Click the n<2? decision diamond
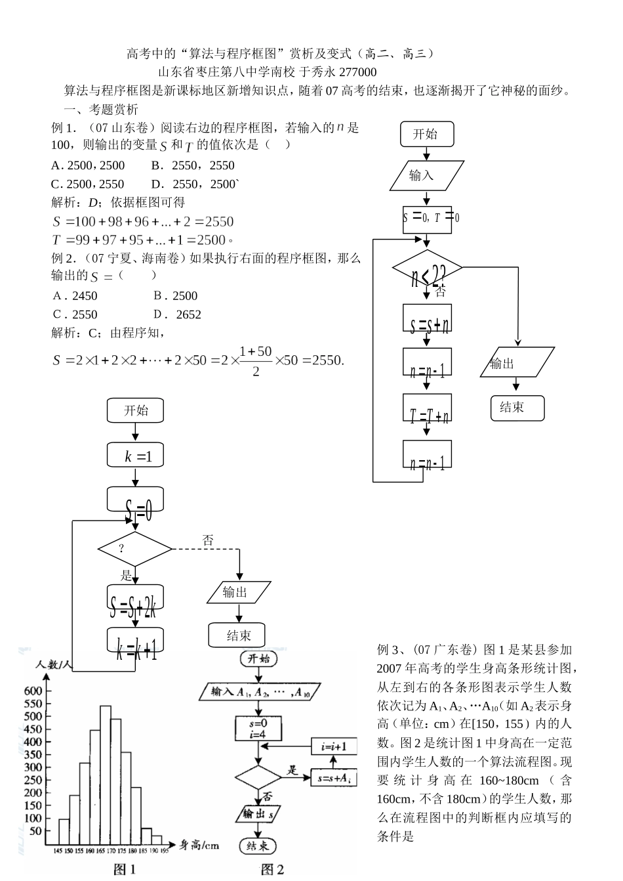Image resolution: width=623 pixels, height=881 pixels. [427, 269]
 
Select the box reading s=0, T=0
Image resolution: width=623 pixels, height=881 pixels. [428, 217]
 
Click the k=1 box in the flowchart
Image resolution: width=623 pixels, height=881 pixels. [135, 456]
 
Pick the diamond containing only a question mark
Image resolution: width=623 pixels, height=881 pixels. [134, 548]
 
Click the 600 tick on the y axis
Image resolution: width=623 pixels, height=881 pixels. [33, 691]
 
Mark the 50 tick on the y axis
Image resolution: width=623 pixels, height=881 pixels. [36, 831]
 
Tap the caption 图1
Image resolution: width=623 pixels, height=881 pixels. [125, 870]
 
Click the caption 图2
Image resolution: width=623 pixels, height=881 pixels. [273, 870]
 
